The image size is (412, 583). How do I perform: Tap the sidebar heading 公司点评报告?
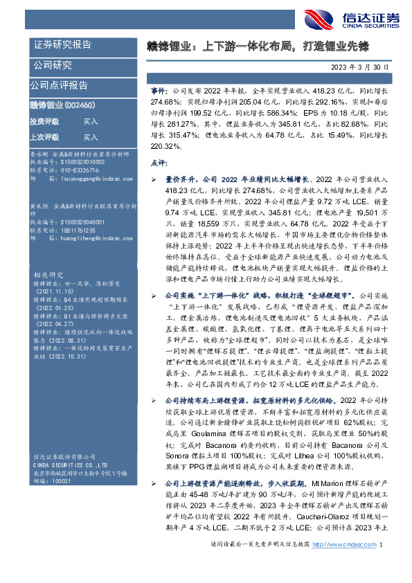tap(59, 86)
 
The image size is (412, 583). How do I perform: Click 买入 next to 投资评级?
tap(91, 121)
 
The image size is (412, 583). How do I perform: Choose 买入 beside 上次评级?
tap(91, 138)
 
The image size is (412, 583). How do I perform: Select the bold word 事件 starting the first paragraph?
tap(159, 91)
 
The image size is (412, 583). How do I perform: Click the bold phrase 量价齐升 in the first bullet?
tap(177, 179)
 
